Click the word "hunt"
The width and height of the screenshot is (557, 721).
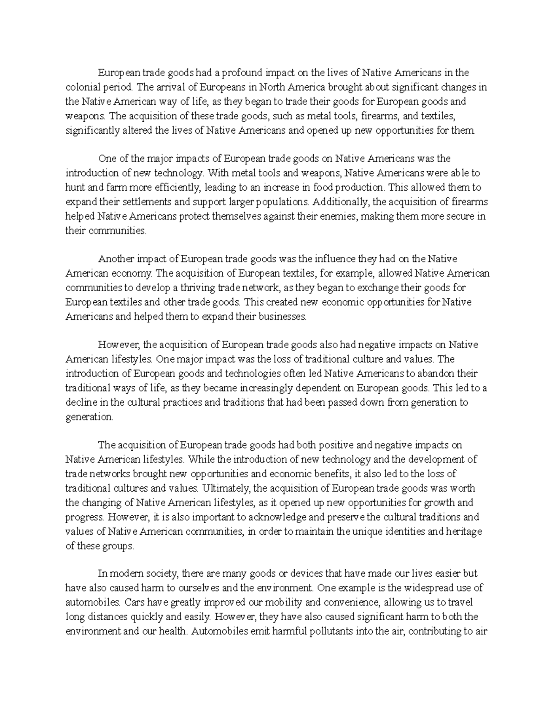point(75,188)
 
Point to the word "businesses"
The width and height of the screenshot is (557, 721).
point(284,317)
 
